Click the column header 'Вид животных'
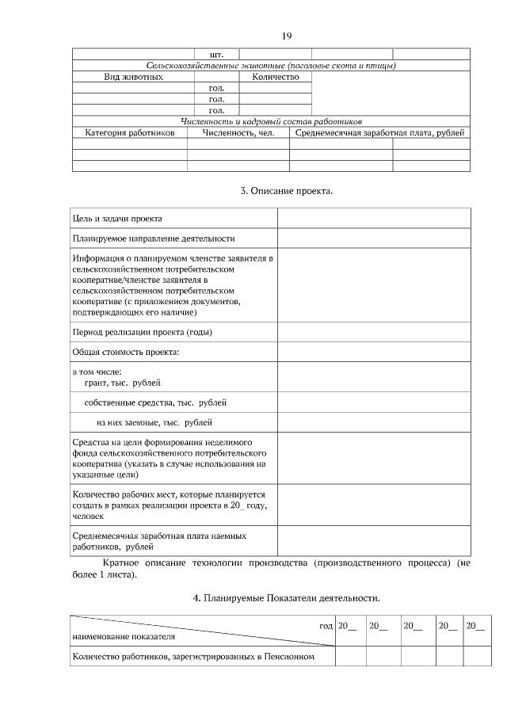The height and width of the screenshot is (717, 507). point(134,77)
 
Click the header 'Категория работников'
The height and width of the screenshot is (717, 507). point(129,132)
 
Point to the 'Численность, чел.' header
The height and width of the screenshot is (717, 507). point(238,132)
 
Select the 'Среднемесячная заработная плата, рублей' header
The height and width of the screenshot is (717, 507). point(379,132)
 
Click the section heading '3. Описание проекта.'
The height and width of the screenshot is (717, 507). point(286,191)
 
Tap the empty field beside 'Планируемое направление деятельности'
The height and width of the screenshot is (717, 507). point(373,238)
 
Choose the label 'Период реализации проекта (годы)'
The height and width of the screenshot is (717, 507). point(142,332)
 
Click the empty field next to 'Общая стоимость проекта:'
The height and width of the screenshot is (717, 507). point(373,353)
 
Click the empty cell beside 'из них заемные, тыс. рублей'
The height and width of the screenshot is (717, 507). point(373,422)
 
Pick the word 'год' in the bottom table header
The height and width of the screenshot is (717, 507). point(326,626)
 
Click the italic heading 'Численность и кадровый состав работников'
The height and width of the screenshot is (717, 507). point(272,122)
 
